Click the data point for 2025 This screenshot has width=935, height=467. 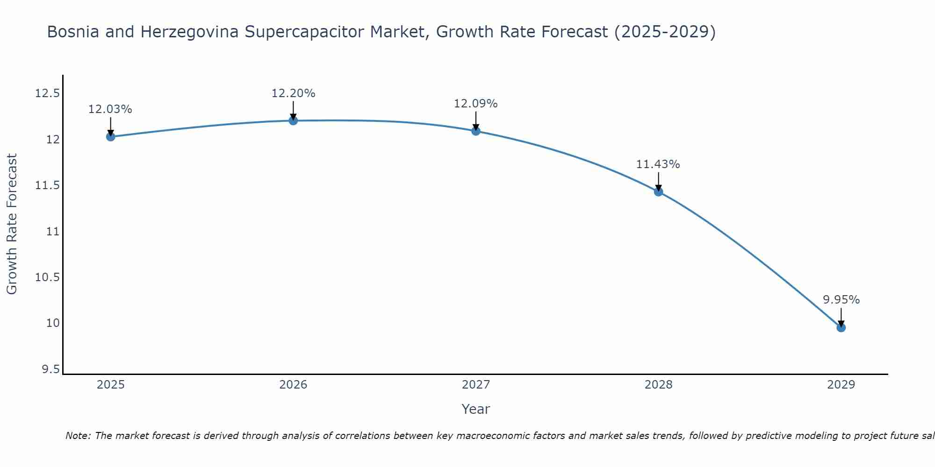click(111, 137)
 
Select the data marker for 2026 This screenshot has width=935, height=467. click(293, 121)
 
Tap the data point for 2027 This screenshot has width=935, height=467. click(476, 131)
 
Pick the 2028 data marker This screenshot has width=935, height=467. click(659, 192)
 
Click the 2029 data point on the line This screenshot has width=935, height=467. click(841, 328)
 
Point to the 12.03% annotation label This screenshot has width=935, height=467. click(110, 109)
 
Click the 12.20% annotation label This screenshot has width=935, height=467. click(293, 93)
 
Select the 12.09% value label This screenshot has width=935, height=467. click(475, 104)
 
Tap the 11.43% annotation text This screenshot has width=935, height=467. click(658, 164)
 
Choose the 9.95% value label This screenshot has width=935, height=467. click(841, 300)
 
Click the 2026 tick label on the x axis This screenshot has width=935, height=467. click(293, 385)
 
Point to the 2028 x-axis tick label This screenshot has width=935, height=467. click(658, 385)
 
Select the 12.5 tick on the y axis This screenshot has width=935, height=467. click(47, 94)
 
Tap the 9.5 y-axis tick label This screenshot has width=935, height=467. click(50, 370)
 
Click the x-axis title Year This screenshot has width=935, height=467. click(475, 409)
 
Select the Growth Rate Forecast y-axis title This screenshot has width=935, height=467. click(12, 224)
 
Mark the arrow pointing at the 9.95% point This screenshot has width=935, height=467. click(841, 317)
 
